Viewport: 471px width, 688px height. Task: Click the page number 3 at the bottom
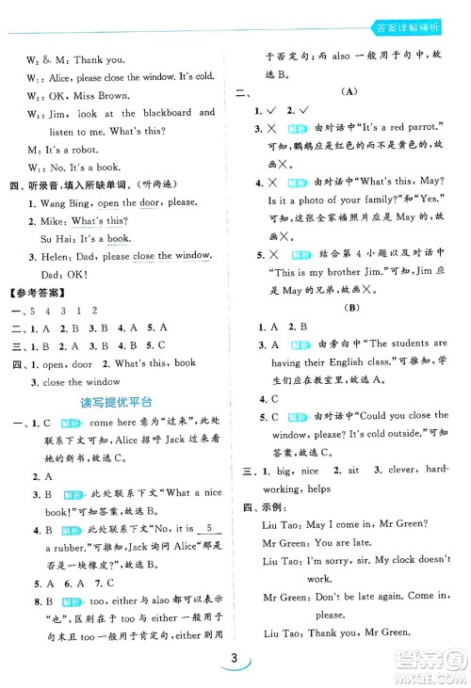(x=235, y=661)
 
